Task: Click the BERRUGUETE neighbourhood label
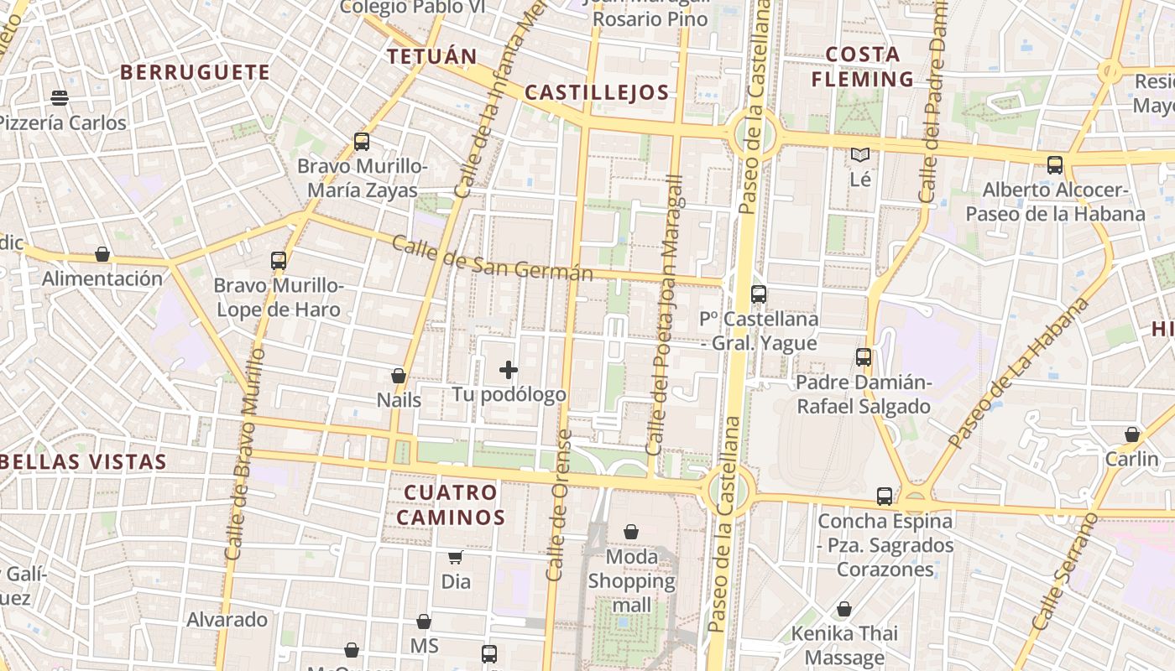coord(195,72)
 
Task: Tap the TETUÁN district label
coord(431,56)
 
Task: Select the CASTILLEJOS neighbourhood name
coord(597,92)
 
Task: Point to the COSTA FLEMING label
coord(862,67)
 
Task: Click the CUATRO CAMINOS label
coord(451,504)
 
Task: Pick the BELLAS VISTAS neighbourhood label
coord(84,461)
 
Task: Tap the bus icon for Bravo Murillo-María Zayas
coord(362,142)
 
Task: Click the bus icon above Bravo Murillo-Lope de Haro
coord(279,261)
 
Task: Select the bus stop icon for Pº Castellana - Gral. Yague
coord(759,294)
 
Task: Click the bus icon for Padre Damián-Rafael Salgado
coord(864,357)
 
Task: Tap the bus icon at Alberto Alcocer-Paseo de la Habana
coord(1055,165)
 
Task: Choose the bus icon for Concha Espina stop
coord(885,496)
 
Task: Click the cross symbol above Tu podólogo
coord(508,369)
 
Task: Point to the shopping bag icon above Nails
coord(399,376)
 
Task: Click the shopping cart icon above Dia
coord(455,557)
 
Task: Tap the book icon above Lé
coord(860,154)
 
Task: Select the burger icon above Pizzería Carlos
coord(60,98)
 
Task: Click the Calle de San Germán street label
coord(492,259)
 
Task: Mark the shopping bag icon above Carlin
coord(1132,434)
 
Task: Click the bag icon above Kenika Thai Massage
coord(844,609)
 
